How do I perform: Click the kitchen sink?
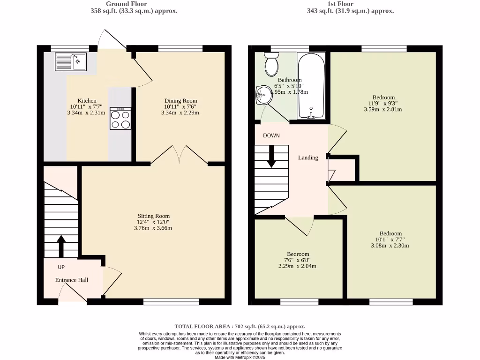tap(70, 62)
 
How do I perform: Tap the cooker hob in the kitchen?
tap(120, 119)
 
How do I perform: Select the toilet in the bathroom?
tap(271, 64)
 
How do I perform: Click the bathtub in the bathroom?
tap(311, 87)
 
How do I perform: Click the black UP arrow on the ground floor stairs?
tap(61, 246)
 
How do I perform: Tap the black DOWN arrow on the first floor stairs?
tap(271, 156)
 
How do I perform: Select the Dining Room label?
tap(180, 101)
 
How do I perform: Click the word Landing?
tap(308, 158)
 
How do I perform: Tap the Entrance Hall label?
tap(72, 280)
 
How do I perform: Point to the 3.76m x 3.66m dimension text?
tap(153, 228)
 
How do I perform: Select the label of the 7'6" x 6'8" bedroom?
tap(298, 254)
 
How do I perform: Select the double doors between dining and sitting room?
tap(179, 155)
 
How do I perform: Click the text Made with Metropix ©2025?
tap(240, 357)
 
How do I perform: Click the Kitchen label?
tap(87, 101)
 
